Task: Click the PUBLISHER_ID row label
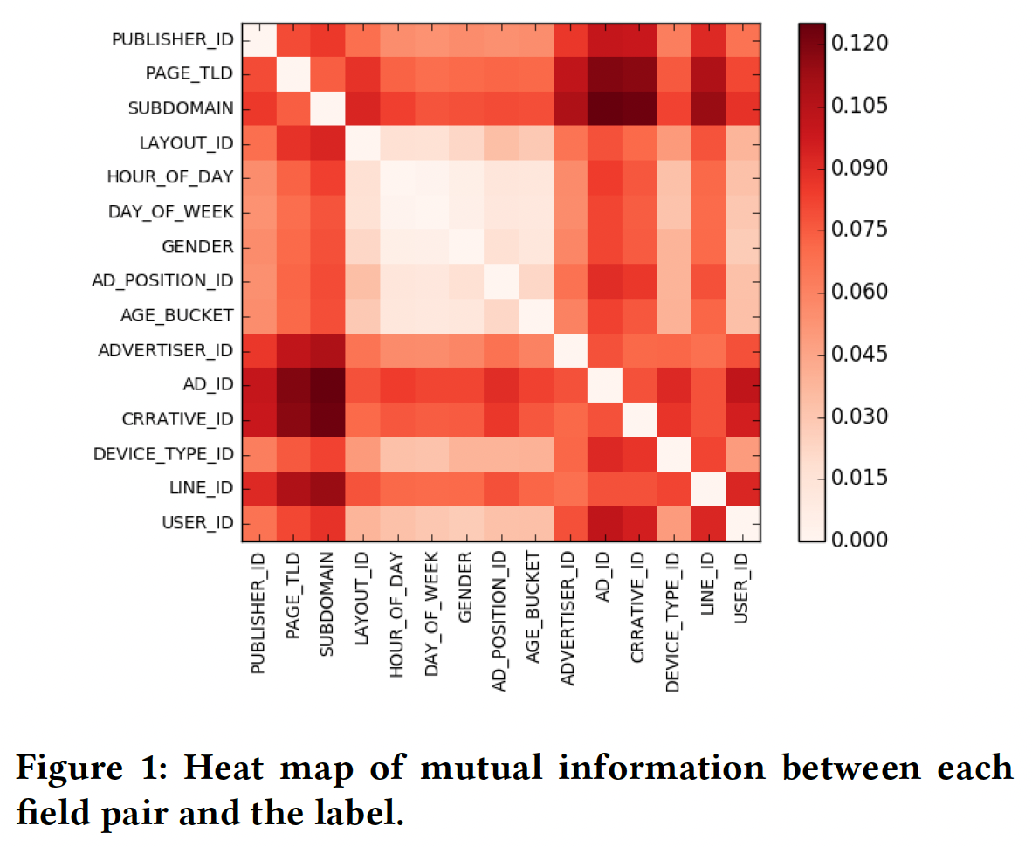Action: pyautogui.click(x=173, y=40)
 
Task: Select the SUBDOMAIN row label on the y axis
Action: pyautogui.click(x=181, y=108)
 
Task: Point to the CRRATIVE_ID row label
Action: pyautogui.click(x=178, y=419)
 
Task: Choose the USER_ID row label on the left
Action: pyautogui.click(x=197, y=522)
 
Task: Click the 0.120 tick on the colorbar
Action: pyautogui.click(x=859, y=43)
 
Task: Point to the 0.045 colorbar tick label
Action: pyautogui.click(x=859, y=354)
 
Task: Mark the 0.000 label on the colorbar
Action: pyautogui.click(x=859, y=540)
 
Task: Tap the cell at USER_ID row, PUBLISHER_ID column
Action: pyautogui.click(x=259, y=522)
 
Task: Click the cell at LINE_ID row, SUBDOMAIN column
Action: pyautogui.click(x=328, y=488)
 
